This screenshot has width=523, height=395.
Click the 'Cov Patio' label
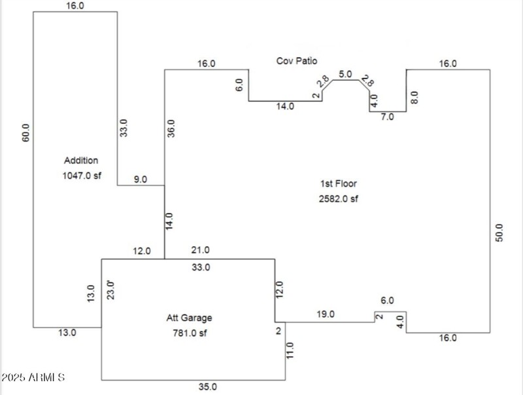(296, 61)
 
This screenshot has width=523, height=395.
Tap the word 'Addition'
(81, 160)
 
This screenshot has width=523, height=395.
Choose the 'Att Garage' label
(189, 318)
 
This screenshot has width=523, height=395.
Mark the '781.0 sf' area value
(189, 333)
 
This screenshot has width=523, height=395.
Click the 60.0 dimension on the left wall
(25, 133)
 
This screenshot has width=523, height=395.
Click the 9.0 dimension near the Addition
(141, 179)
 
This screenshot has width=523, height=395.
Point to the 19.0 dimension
(326, 314)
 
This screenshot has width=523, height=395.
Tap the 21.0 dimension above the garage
(200, 250)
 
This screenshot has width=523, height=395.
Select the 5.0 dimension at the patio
(345, 74)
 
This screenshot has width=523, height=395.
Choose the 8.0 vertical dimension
(414, 98)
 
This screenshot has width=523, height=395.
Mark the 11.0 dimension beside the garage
(290, 351)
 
